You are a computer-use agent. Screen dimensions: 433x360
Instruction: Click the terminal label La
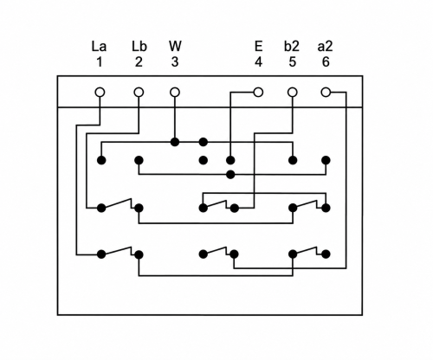(99, 46)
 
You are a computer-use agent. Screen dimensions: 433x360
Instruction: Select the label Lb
(139, 46)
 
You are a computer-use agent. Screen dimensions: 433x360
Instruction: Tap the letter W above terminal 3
(175, 46)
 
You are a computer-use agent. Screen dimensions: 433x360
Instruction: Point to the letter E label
(259, 46)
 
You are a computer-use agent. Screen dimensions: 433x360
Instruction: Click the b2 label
(292, 46)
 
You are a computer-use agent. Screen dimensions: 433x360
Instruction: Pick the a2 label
(326, 46)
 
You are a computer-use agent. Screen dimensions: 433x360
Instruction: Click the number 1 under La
(100, 61)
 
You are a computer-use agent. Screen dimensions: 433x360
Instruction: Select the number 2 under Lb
(139, 61)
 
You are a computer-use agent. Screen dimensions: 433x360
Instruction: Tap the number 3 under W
(175, 61)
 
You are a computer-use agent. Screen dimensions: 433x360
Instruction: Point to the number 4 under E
(258, 61)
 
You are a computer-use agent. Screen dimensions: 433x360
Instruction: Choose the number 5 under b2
(293, 61)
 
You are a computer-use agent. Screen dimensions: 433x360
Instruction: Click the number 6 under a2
(326, 61)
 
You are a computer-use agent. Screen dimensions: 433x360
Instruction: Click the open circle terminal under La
(100, 93)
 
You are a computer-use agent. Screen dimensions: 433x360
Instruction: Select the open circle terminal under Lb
(139, 93)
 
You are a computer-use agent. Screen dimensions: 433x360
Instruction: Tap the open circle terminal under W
(175, 93)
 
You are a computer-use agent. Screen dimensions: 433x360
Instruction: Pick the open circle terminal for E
(258, 93)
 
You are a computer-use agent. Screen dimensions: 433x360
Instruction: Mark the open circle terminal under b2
(293, 93)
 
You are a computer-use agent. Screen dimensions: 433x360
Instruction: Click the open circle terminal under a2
(326, 93)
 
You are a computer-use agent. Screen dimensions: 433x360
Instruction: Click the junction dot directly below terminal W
(175, 142)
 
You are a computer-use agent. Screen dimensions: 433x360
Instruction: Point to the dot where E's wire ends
(230, 160)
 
